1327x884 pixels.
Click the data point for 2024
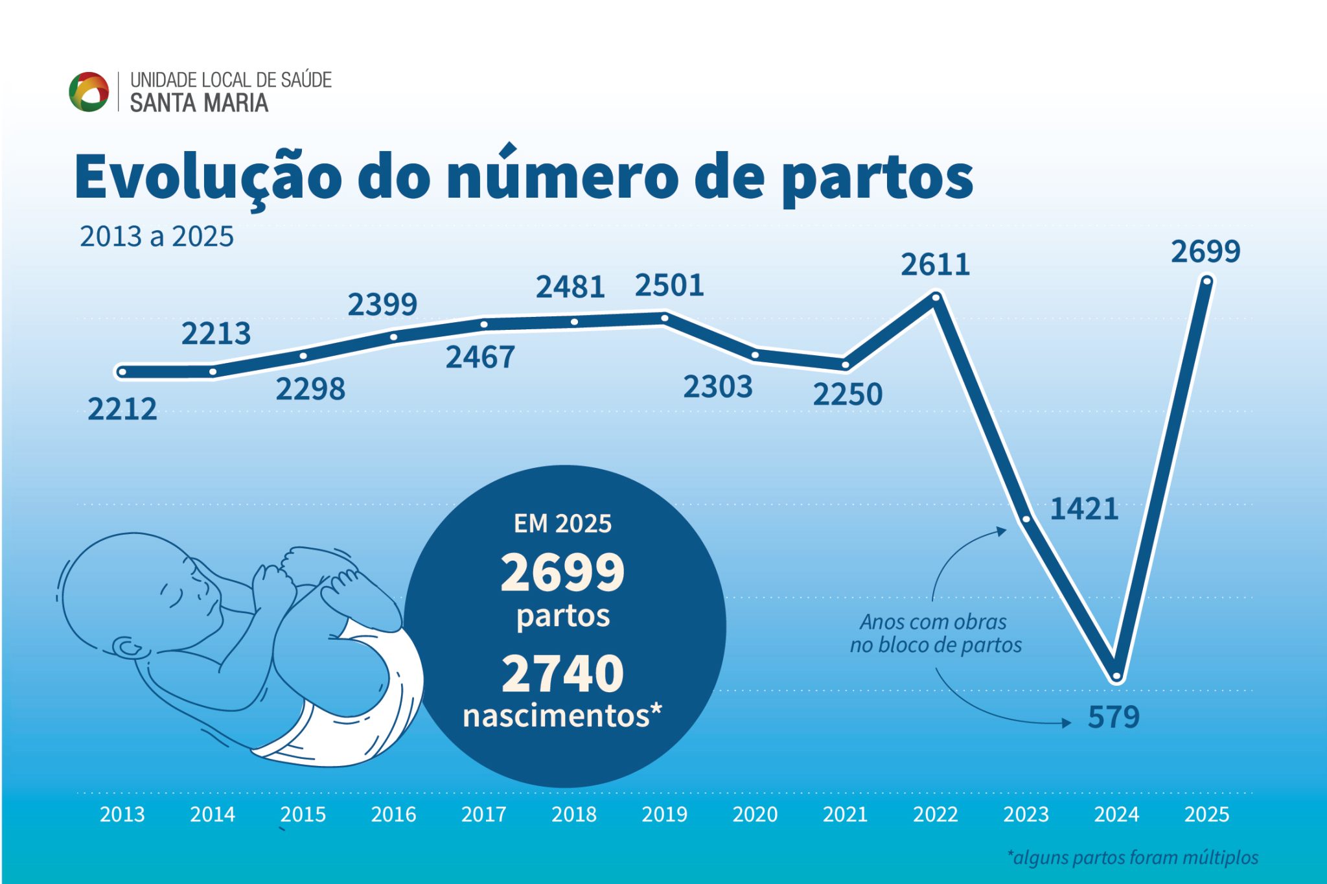click(x=1116, y=675)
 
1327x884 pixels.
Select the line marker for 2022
click(x=936, y=297)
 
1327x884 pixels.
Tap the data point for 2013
click(x=122, y=372)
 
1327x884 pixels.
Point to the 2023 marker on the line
click(x=1026, y=518)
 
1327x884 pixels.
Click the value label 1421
click(x=1084, y=509)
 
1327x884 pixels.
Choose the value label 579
click(x=1113, y=717)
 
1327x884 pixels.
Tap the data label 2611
click(x=935, y=264)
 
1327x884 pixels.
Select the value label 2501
click(x=669, y=285)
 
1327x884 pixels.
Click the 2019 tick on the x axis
click(x=664, y=814)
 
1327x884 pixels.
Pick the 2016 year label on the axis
click(x=393, y=814)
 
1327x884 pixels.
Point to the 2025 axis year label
click(x=1206, y=814)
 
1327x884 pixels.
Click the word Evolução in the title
click(x=207, y=176)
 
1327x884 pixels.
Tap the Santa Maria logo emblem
click(x=89, y=91)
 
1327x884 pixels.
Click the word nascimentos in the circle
click(x=556, y=715)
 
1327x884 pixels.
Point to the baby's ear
click(x=128, y=647)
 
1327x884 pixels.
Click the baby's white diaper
click(x=363, y=700)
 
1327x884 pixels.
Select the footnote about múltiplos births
click(x=1133, y=857)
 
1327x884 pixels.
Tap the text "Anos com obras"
click(x=933, y=622)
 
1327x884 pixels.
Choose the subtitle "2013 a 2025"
click(x=156, y=237)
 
